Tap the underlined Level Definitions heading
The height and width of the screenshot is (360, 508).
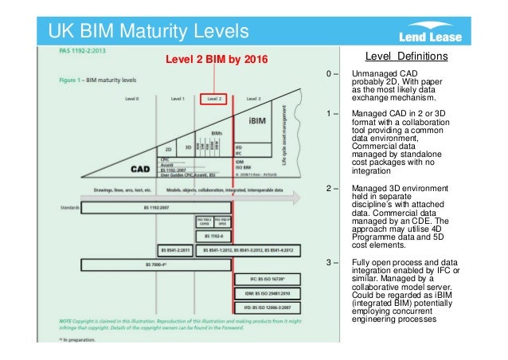[x=405, y=57]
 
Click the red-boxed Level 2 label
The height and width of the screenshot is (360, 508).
[x=214, y=99]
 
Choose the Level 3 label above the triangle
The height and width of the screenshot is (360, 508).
[x=253, y=99]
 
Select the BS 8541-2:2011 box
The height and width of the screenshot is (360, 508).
[x=176, y=249]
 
